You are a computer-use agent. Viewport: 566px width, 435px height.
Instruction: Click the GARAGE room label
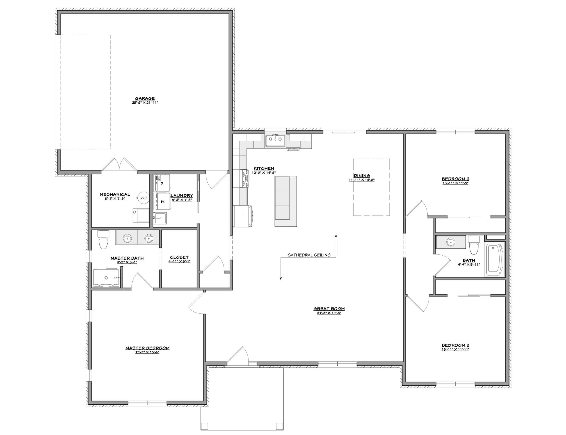[x=145, y=98]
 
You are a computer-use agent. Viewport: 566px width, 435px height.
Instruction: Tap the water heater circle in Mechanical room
[x=143, y=198]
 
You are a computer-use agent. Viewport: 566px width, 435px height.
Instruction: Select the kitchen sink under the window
[x=275, y=141]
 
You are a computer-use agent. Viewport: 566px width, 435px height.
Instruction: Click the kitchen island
[x=286, y=198]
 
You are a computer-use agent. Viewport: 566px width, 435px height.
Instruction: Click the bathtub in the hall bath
[x=495, y=260]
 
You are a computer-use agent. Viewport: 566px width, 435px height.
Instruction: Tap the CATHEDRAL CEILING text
[x=309, y=255]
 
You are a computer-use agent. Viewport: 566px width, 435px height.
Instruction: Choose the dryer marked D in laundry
[x=162, y=183]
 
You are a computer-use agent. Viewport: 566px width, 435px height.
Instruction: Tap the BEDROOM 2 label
[x=455, y=179]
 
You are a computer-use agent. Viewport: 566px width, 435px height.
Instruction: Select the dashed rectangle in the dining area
[x=371, y=187]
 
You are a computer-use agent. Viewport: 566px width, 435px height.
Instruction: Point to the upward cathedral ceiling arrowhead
[x=336, y=235]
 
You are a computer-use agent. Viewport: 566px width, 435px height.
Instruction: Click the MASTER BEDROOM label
[x=147, y=348]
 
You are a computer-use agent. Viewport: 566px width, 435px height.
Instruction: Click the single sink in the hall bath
[x=451, y=242]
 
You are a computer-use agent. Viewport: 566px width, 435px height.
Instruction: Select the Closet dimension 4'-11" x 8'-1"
[x=179, y=262]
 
